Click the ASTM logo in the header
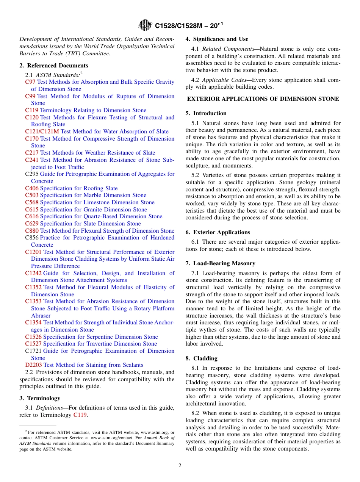[x=145, y=25]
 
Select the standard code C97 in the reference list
[x=30, y=82]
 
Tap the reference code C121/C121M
[x=42, y=131]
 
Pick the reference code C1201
[x=33, y=252]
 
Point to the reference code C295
[x=32, y=174]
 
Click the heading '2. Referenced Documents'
[x=54, y=66]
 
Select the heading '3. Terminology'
[x=40, y=398]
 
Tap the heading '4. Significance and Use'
[x=217, y=39]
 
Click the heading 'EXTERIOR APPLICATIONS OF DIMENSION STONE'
[x=263, y=99]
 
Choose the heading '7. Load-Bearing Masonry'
[x=220, y=263]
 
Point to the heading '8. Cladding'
[x=201, y=358]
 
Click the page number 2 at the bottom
[x=180, y=466]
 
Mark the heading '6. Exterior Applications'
[x=218, y=232]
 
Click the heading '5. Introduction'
[x=206, y=113]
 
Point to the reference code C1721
[x=33, y=351]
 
